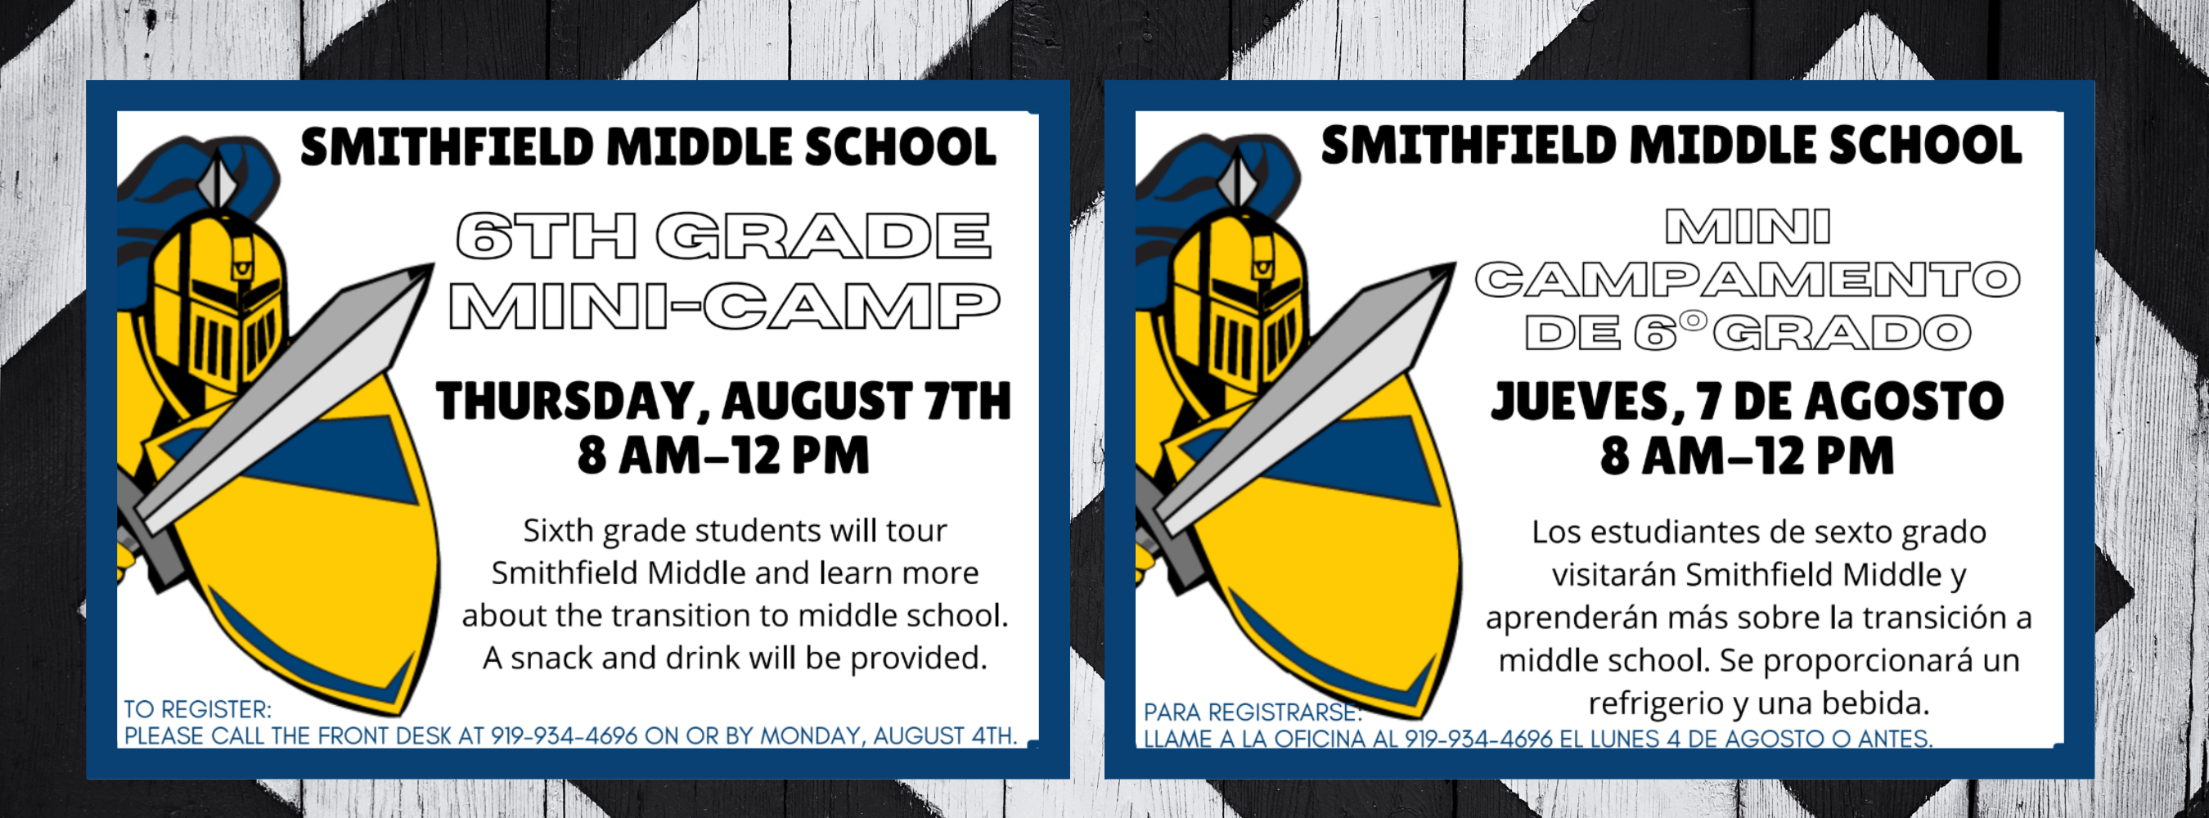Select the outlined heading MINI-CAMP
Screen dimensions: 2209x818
tap(725, 306)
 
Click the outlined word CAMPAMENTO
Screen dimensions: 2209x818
tap(1748, 280)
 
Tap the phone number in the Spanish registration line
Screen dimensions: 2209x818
tap(1478, 739)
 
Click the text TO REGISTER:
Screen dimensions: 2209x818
tap(197, 709)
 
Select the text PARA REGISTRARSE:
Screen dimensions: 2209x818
tap(1253, 712)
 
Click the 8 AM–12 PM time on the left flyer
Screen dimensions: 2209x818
tap(724, 456)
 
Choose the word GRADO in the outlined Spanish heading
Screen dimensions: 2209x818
tap(1842, 333)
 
